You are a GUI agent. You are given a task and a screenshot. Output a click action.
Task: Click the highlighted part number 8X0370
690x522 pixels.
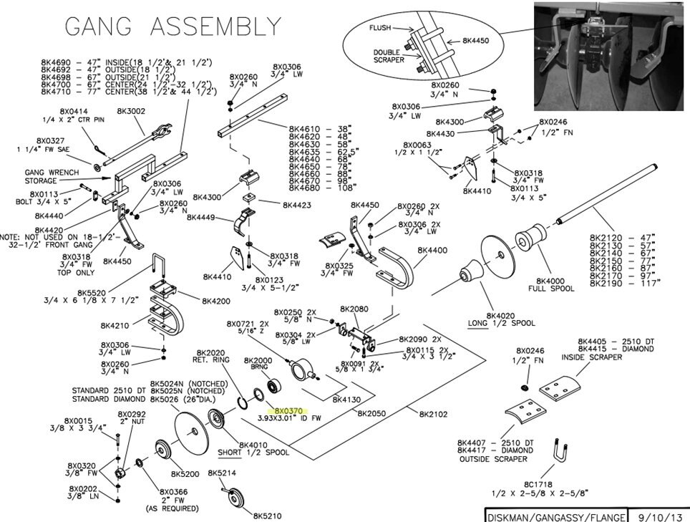(x=291, y=411)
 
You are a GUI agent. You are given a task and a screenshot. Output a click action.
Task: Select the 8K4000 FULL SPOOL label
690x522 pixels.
(x=550, y=285)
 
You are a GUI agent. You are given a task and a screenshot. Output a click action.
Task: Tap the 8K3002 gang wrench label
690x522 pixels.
(x=131, y=112)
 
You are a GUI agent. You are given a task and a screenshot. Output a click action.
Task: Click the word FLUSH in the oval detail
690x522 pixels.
(x=381, y=28)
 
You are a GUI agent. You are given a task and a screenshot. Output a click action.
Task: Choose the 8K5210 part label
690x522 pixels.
(x=268, y=515)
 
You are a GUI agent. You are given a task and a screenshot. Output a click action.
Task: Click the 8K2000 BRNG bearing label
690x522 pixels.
(x=258, y=364)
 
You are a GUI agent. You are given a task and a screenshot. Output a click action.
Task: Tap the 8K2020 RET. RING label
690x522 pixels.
(x=207, y=357)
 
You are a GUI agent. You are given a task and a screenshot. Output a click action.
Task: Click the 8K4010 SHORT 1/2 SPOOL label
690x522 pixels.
(x=253, y=448)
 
